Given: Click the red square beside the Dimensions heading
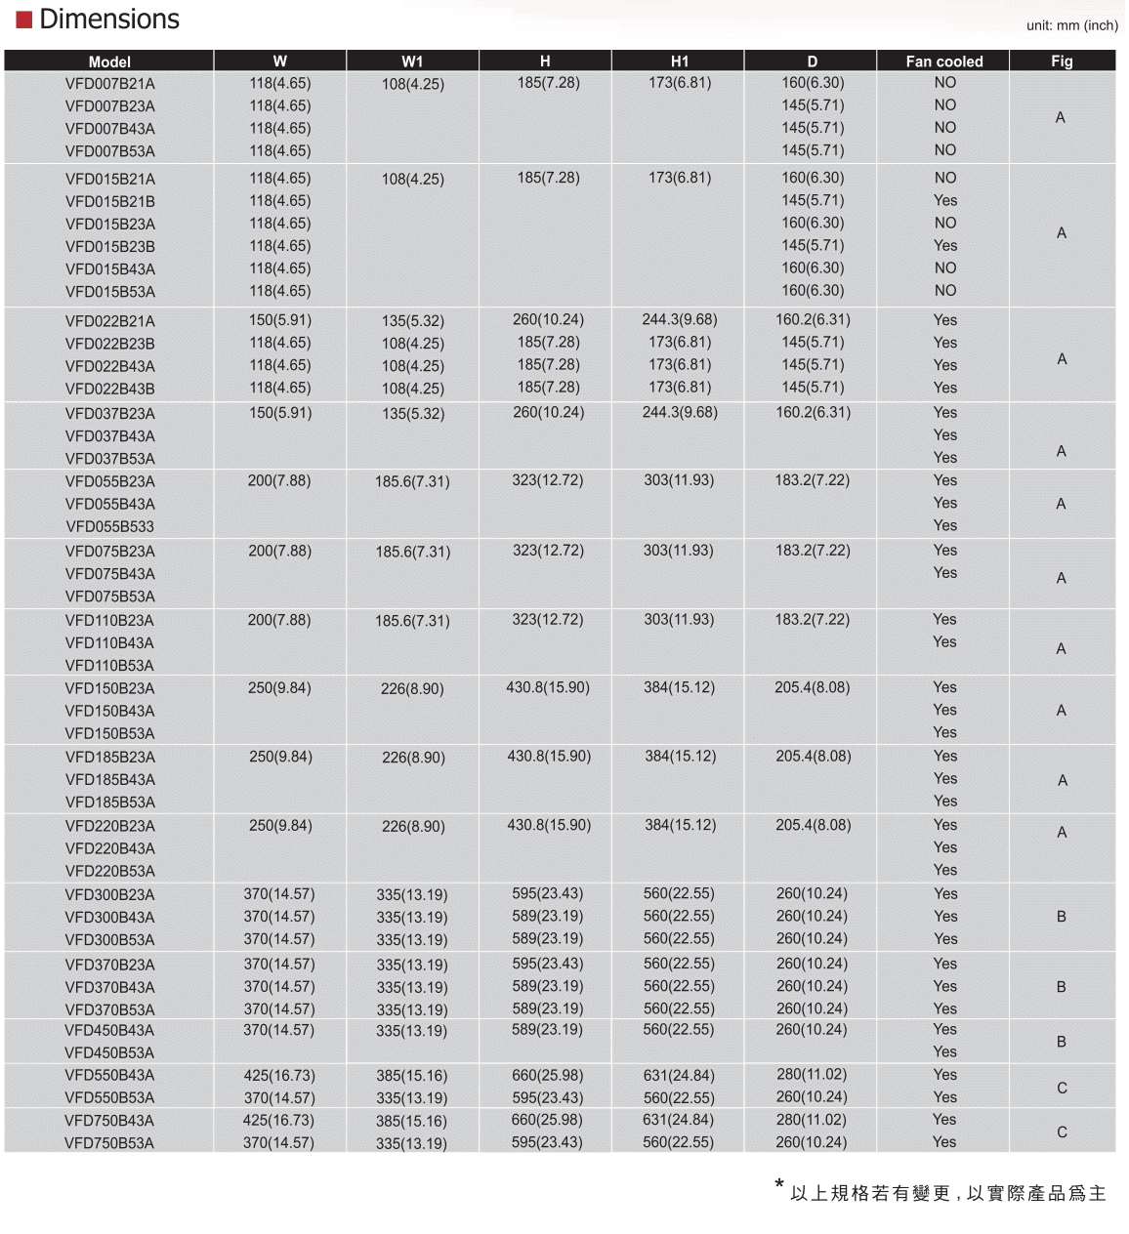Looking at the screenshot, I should click(x=24, y=20).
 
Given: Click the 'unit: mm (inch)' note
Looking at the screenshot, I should click(x=1071, y=25).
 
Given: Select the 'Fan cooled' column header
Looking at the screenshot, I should click(x=943, y=62).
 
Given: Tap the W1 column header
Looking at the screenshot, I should click(x=412, y=62).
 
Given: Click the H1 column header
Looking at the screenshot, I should click(x=680, y=62).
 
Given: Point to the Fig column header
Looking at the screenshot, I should click(x=1062, y=62).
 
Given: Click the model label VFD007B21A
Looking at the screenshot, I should click(x=110, y=84).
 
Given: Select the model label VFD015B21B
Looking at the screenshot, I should click(x=110, y=202).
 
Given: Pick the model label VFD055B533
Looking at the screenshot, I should click(x=110, y=527).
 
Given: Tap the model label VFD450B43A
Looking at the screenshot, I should click(x=109, y=1031).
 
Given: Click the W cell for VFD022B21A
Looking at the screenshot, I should click(x=280, y=320).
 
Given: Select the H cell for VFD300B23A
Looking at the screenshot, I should click(x=547, y=894).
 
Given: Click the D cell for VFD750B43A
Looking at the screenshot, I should click(x=811, y=1120).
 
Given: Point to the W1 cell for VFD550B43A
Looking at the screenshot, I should click(x=411, y=1076).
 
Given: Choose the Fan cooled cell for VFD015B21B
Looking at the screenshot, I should click(x=944, y=201).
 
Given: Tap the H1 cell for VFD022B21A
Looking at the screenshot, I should click(x=680, y=320).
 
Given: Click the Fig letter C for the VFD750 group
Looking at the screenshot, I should click(x=1062, y=1132).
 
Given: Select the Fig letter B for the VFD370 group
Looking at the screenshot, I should click(x=1062, y=987).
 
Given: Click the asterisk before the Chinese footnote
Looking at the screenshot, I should click(x=779, y=1186).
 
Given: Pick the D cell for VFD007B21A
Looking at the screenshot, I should click(x=813, y=83).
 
